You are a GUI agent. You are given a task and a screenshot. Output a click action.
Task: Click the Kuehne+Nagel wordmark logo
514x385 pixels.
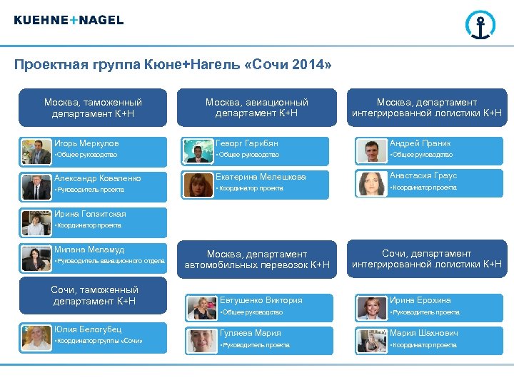point(69,20)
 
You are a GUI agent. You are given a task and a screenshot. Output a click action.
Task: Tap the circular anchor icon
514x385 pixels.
point(480,25)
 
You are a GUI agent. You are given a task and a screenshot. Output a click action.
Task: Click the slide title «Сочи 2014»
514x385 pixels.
point(173,66)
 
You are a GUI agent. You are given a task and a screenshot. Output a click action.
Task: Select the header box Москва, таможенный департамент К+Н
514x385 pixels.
point(93,108)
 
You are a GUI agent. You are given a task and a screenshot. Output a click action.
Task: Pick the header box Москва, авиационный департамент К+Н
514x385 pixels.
point(257,108)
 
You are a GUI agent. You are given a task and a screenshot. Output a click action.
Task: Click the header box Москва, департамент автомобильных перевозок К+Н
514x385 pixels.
point(257,260)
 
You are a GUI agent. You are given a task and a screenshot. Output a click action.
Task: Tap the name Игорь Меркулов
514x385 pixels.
point(86,143)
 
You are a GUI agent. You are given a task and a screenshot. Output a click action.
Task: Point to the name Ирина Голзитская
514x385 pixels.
point(90,214)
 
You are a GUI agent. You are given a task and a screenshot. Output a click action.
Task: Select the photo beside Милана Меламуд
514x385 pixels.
point(36,258)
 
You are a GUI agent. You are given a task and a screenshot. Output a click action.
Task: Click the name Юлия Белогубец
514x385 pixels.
point(88,329)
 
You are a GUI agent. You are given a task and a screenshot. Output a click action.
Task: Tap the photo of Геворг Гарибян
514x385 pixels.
point(198,150)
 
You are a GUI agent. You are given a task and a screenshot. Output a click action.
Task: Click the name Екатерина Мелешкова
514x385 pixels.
point(262,177)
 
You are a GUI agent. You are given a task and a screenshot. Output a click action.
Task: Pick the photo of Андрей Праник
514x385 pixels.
point(371,150)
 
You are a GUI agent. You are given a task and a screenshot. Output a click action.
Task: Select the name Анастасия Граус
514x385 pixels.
point(423,175)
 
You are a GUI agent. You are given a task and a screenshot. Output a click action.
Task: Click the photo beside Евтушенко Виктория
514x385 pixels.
point(202,307)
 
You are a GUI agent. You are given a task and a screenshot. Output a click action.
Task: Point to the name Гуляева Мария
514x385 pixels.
point(250,333)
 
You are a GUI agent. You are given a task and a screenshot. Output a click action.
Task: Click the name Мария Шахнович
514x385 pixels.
point(424,333)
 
